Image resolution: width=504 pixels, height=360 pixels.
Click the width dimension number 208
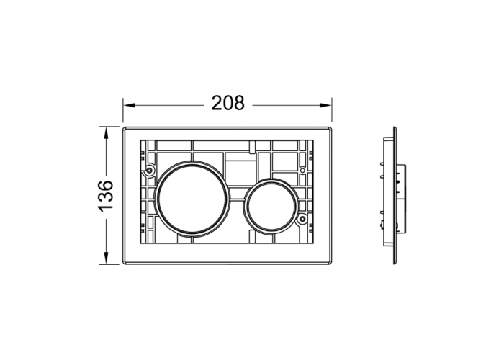[x=228, y=103]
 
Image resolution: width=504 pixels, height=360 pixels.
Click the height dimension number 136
[x=105, y=196]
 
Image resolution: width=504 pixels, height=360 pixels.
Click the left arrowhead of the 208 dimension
[x=129, y=105]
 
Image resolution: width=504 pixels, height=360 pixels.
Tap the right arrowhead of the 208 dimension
[x=325, y=105]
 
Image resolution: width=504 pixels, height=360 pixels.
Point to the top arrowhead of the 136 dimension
[x=106, y=133]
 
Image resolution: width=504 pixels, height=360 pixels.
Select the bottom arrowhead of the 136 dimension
[x=106, y=258]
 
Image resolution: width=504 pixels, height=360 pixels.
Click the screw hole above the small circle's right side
[x=302, y=170]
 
